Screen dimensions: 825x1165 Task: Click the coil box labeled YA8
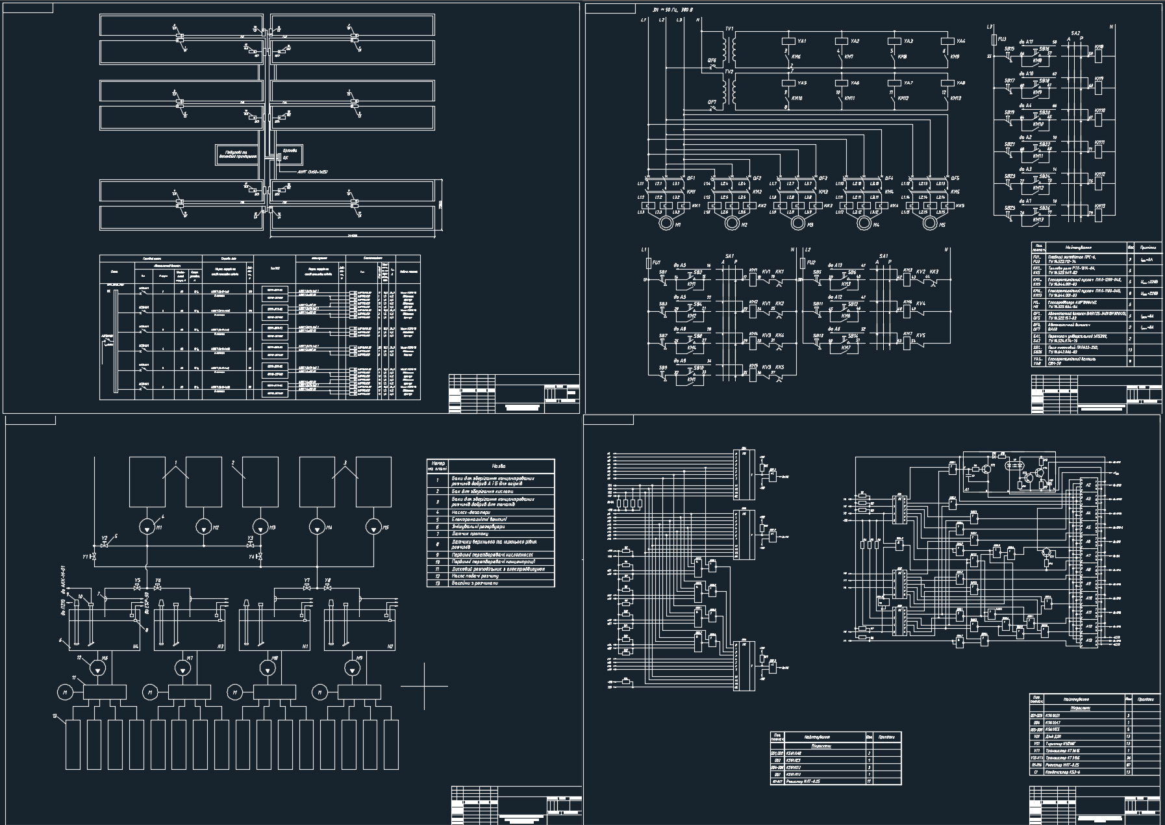coord(946,83)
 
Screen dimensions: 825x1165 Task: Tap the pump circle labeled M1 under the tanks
coord(147,525)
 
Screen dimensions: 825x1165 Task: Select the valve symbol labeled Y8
coord(327,587)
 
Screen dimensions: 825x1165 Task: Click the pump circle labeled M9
coord(353,667)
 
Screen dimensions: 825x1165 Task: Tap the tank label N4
coord(136,646)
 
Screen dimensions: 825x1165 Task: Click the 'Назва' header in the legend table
coord(499,466)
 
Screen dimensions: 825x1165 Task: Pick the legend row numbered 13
coord(490,583)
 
